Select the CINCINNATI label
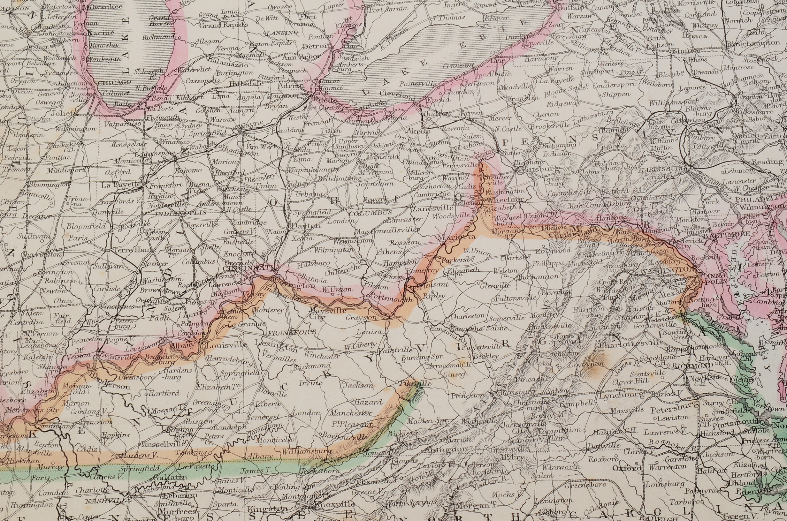point(249,268)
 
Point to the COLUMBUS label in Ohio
point(371,212)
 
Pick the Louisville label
point(226,345)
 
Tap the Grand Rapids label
point(223,25)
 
